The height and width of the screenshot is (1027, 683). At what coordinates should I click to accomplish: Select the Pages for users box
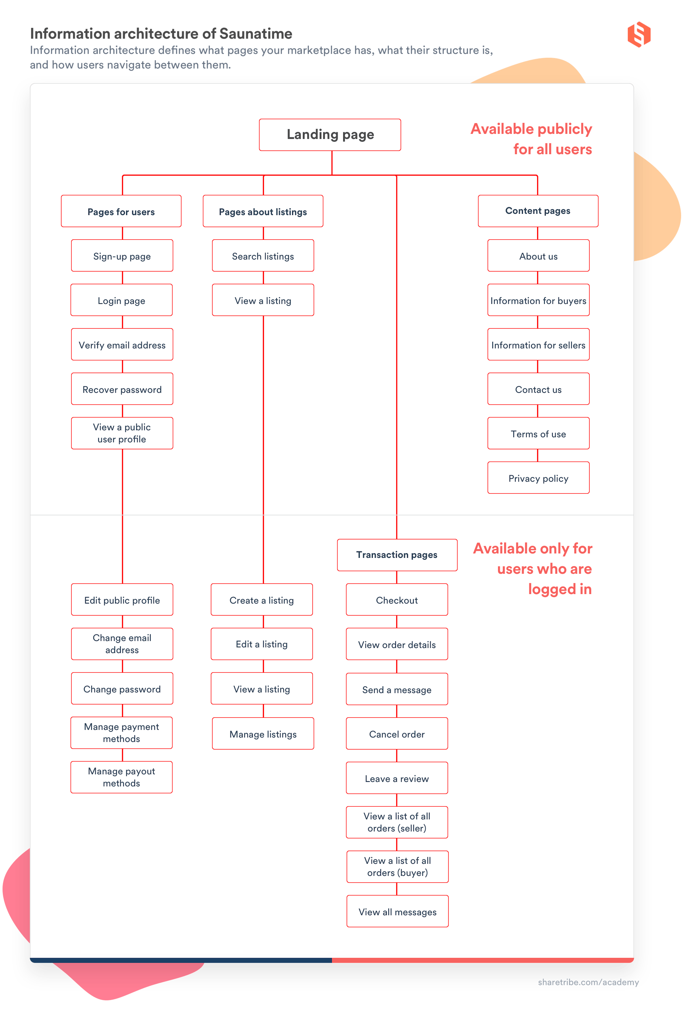(x=121, y=211)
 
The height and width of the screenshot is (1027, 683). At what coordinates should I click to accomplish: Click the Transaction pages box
(x=397, y=554)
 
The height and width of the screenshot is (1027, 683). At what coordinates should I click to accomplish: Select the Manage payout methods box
(x=121, y=777)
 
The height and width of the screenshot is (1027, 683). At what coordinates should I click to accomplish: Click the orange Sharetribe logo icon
(x=639, y=34)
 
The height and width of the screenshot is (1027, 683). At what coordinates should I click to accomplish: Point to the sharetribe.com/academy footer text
(x=588, y=982)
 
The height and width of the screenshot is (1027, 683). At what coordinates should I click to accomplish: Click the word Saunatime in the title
(x=256, y=34)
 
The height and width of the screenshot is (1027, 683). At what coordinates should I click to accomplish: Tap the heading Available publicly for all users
(x=531, y=139)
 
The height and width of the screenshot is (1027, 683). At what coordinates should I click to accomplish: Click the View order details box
(x=397, y=644)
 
